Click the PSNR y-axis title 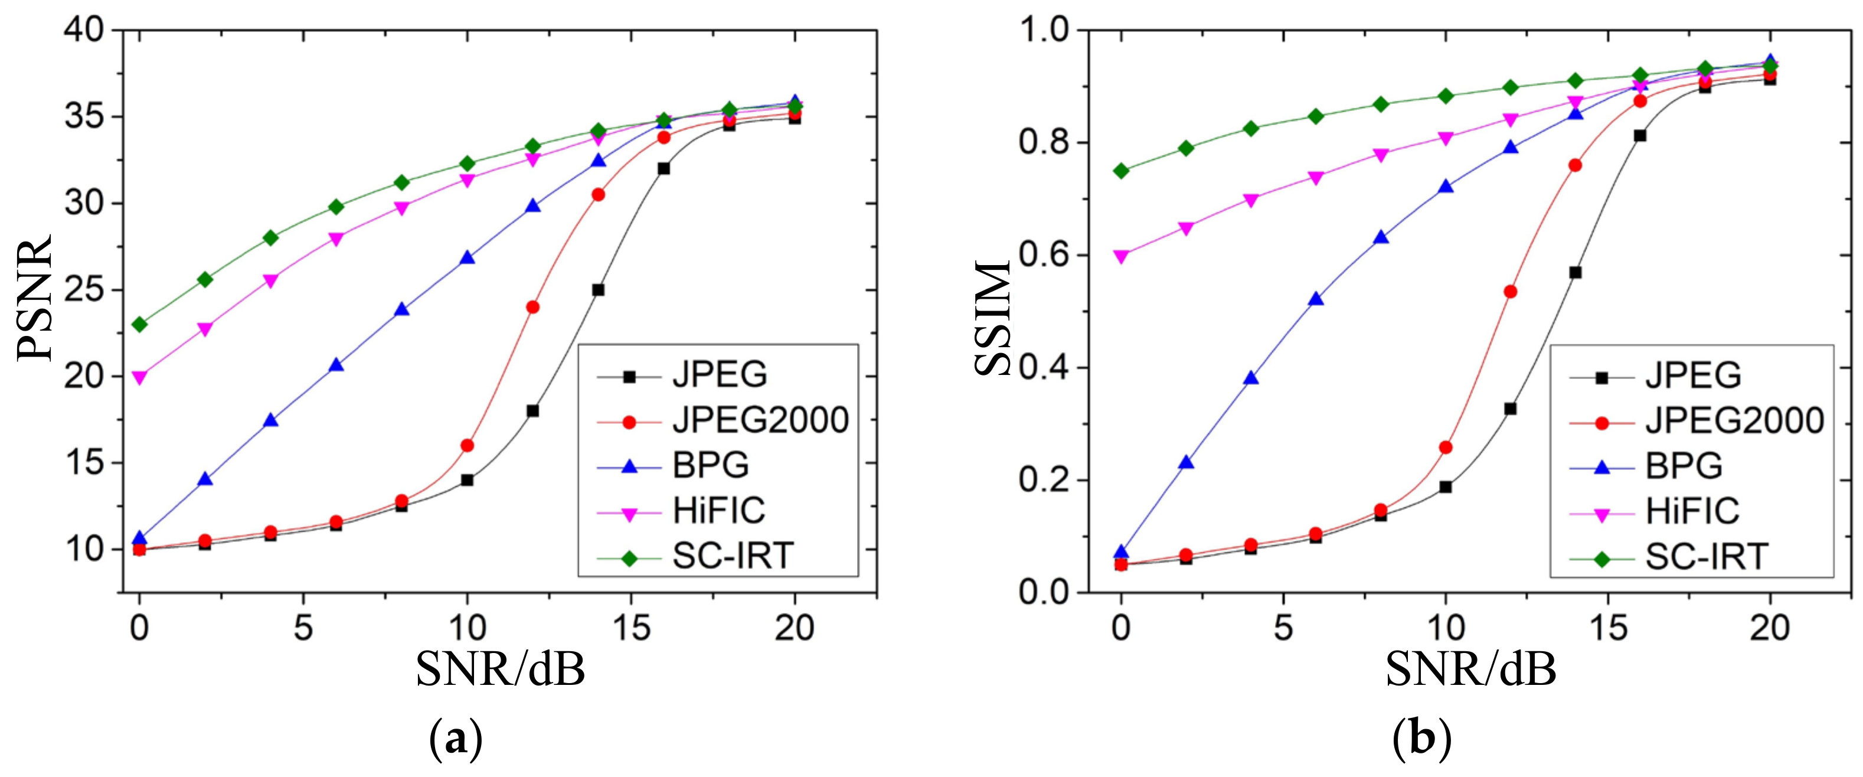(x=35, y=296)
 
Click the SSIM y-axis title (x=992, y=318)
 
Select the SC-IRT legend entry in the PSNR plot (x=732, y=556)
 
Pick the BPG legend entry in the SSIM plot (x=1683, y=466)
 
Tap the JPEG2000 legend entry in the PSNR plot (x=759, y=420)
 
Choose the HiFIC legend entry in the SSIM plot (x=1692, y=511)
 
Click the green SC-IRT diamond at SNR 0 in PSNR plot (x=139, y=324)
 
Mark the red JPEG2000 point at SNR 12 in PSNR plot (x=533, y=307)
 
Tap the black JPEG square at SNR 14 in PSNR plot (x=598, y=289)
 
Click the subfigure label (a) (x=456, y=740)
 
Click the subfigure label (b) (x=1423, y=740)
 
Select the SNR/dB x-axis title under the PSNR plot (x=501, y=669)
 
